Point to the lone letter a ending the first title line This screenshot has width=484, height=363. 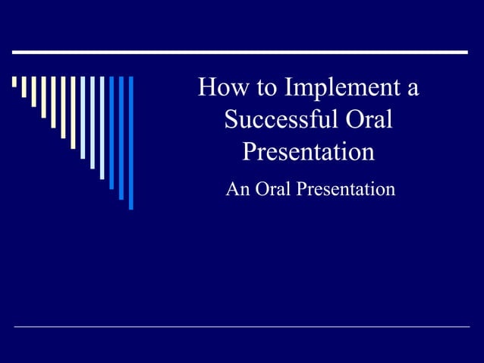[x=412, y=90]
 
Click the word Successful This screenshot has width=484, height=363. [x=275, y=120]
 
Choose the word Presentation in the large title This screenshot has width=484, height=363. [x=308, y=152]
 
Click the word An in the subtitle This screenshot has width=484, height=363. [x=237, y=188]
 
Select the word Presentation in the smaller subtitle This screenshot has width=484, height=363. [x=345, y=189]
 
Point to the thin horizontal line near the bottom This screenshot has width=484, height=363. [x=241, y=327]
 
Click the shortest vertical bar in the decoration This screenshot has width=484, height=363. [x=14, y=82]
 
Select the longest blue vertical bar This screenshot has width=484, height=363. [x=130, y=142]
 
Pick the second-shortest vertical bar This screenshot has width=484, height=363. [x=24, y=87]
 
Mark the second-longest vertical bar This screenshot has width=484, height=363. [x=121, y=137]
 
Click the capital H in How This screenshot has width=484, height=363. [x=206, y=89]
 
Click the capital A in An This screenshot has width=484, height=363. [x=232, y=188]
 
